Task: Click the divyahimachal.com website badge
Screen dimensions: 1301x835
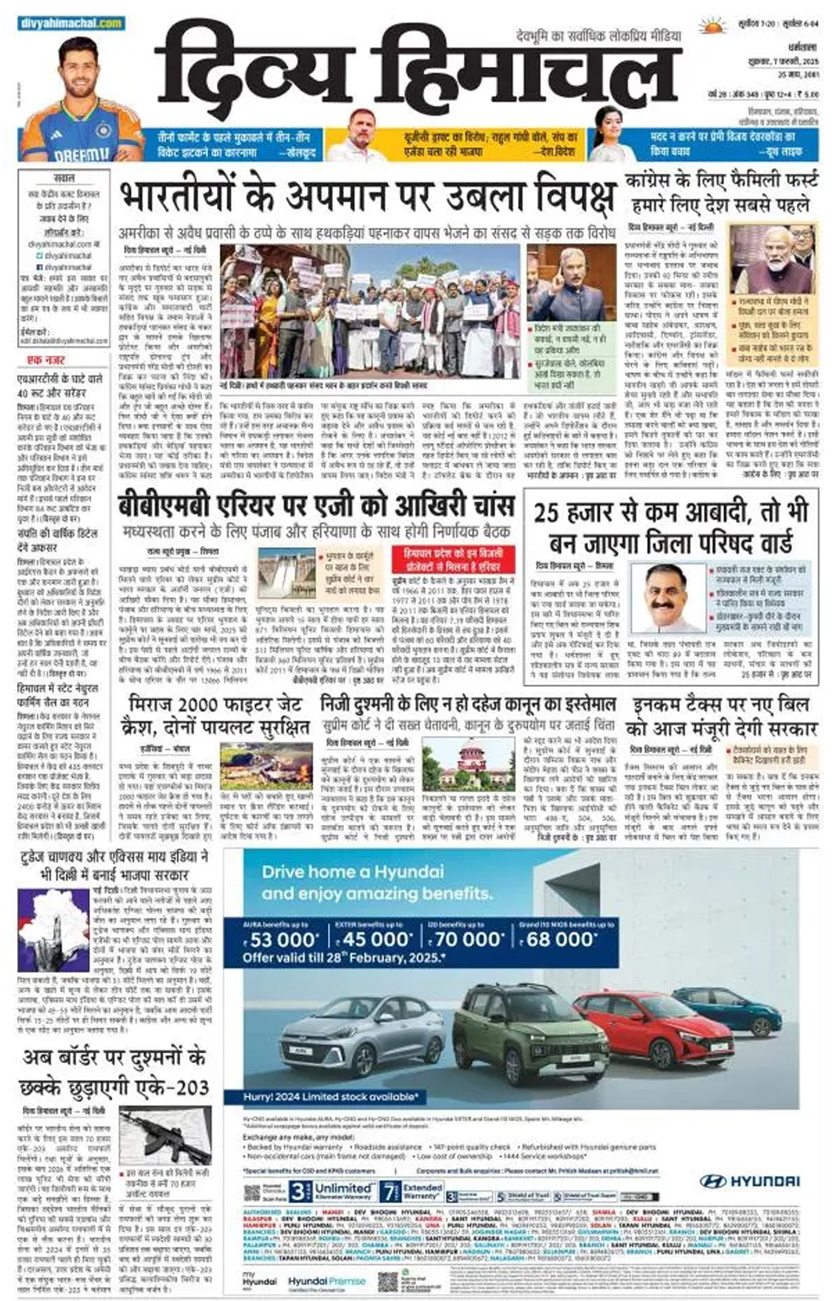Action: click(71, 23)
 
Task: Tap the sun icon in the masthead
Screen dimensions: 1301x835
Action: click(712, 26)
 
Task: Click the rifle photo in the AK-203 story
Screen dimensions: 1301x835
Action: click(165, 1135)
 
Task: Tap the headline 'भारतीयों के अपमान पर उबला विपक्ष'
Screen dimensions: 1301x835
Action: click(367, 197)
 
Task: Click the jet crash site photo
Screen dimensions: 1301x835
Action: click(266, 766)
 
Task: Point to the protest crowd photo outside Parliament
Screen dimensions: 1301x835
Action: click(369, 312)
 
